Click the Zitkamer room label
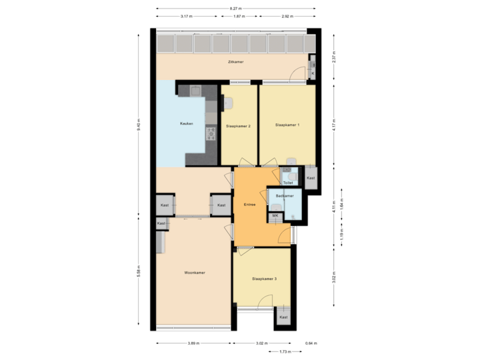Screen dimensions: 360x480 click(235, 62)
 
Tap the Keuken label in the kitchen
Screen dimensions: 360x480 click(187, 125)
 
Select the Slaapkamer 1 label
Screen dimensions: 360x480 click(287, 125)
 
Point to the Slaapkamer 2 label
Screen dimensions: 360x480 click(238, 125)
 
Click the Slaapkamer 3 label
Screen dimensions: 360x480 click(264, 278)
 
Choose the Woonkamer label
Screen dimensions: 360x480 click(195, 273)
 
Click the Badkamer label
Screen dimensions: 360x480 click(285, 196)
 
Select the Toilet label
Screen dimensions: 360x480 click(288, 182)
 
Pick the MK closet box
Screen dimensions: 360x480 click(275, 216)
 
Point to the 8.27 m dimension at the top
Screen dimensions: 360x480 click(235, 8)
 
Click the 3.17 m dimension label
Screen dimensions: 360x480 click(187, 15)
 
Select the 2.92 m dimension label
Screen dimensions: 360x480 click(287, 15)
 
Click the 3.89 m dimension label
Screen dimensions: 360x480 click(193, 343)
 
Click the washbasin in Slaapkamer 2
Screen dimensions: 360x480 click(228, 103)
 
